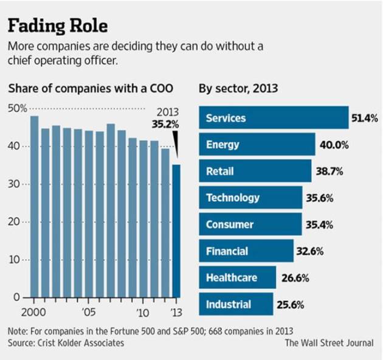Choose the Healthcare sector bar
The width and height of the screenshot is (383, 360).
pyautogui.click(x=238, y=277)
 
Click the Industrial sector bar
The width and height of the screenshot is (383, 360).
pyautogui.click(x=236, y=303)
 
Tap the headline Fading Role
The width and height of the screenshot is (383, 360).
pyautogui.click(x=57, y=26)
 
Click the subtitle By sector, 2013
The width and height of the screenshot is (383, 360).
pyautogui.click(x=238, y=88)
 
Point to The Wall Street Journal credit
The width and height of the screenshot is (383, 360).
pyautogui.click(x=329, y=342)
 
